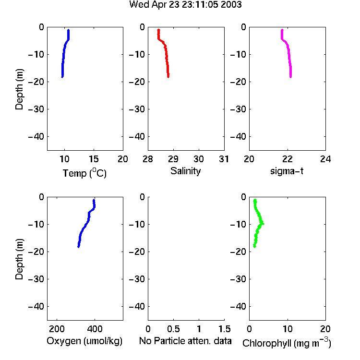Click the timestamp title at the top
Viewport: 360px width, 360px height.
pyautogui.click(x=185, y=5)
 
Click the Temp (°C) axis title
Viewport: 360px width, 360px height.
pyautogui.click(x=84, y=173)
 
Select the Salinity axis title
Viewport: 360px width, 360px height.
pyautogui.click(x=185, y=171)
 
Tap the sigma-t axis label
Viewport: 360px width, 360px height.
pyautogui.click(x=287, y=171)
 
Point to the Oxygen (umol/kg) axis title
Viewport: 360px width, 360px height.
pyautogui.click(x=84, y=341)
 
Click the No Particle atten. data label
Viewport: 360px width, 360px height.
pyautogui.click(x=185, y=341)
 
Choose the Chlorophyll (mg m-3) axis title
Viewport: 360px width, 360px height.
pyautogui.click(x=287, y=343)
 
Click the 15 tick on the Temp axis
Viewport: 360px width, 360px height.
pyautogui.click(x=94, y=159)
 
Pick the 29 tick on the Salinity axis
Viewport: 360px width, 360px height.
pyautogui.click(x=173, y=159)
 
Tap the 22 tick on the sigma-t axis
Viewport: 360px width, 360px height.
pyautogui.click(x=287, y=159)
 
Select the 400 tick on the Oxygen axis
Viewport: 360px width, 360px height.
pyautogui.click(x=95, y=329)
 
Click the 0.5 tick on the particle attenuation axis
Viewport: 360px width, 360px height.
pyautogui.click(x=173, y=329)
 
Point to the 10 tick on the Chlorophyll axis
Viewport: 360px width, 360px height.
pyautogui.click(x=288, y=329)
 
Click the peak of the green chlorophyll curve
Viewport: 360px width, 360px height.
pyautogui.click(x=263, y=224)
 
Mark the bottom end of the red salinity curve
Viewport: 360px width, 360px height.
pyautogui.click(x=168, y=76)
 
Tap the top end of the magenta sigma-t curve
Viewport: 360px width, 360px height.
pyautogui.click(x=282, y=30)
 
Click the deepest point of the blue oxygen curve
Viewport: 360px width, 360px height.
pyautogui.click(x=79, y=246)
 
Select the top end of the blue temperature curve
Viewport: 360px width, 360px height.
pyautogui.click(x=68, y=30)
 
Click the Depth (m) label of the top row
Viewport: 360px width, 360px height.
pyautogui.click(x=19, y=89)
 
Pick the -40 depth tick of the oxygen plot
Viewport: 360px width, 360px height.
pyautogui.click(x=36, y=306)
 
